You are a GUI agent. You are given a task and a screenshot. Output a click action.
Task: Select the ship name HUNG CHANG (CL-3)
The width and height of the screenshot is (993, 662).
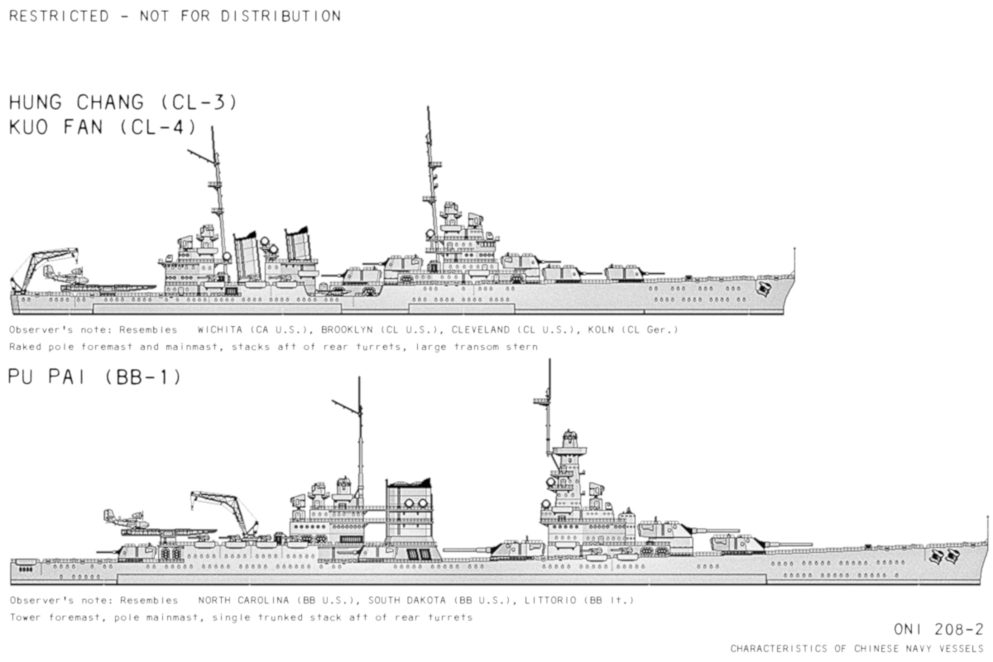tap(122, 103)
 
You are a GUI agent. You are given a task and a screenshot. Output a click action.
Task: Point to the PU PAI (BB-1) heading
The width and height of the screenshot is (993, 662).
tap(94, 377)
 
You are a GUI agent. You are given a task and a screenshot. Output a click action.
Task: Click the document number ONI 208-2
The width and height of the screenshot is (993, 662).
tap(938, 631)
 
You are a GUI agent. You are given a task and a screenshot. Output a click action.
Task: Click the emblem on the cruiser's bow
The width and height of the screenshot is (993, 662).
tap(765, 289)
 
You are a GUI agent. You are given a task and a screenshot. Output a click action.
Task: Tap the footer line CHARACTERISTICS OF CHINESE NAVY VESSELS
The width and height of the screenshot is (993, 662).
tap(856, 648)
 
